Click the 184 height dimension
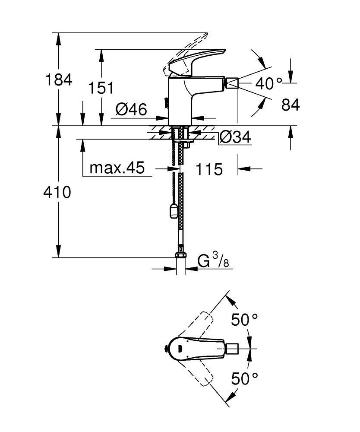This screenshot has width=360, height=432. click(x=59, y=79)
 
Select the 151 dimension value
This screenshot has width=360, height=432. click(x=101, y=88)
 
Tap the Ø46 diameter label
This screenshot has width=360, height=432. click(x=131, y=109)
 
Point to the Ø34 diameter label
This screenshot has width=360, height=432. click(x=235, y=137)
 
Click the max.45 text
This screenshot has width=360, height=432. click(x=117, y=168)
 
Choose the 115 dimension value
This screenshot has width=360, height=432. click(x=209, y=169)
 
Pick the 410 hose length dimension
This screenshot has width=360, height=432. click(x=57, y=192)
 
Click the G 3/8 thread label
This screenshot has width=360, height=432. click(x=213, y=260)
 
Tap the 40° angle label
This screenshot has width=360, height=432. click(x=268, y=83)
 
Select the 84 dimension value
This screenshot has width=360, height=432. click(x=291, y=105)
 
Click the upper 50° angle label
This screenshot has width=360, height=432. click(x=244, y=319)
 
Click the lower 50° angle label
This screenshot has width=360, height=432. click(x=244, y=378)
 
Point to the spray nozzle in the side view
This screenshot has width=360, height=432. click(x=232, y=83)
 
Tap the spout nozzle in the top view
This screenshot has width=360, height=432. click(x=232, y=349)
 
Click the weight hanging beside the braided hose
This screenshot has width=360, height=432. click(x=174, y=210)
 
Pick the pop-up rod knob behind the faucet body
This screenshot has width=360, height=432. click(x=165, y=102)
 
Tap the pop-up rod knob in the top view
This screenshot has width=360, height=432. click(x=165, y=349)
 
